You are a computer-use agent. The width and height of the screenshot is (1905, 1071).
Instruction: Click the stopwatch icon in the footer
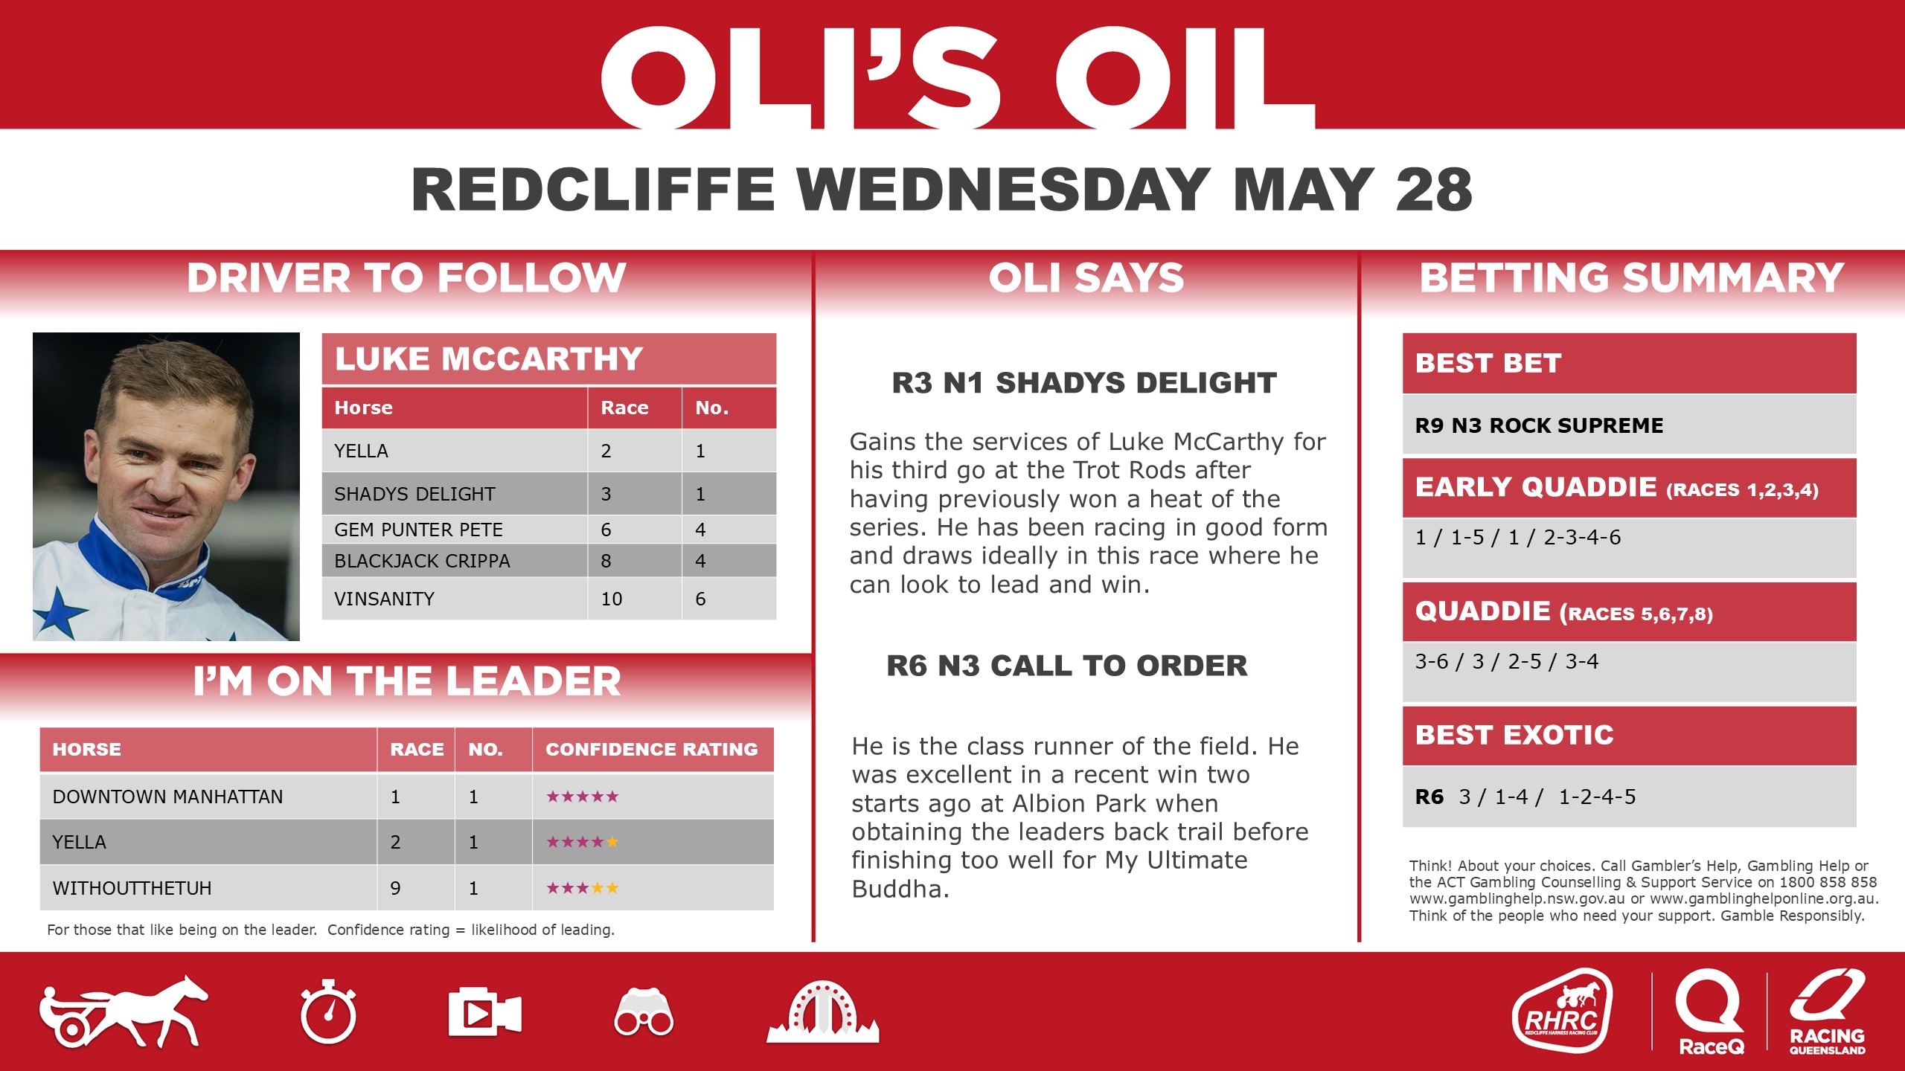(328, 1012)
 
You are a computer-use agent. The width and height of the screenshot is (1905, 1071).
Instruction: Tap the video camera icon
(484, 1012)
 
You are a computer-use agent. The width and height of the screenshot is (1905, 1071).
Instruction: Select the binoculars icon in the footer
(644, 1013)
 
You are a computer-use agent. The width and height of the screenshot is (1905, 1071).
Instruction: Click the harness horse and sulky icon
(124, 1012)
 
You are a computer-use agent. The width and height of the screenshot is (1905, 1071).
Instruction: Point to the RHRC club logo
(1562, 1011)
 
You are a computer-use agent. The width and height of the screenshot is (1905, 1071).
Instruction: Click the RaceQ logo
(1710, 1011)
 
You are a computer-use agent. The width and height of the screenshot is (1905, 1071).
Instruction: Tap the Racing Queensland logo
(1828, 1011)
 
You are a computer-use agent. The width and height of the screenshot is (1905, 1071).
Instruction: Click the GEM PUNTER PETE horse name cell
(418, 530)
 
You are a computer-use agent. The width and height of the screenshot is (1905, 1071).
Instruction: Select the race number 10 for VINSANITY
(612, 599)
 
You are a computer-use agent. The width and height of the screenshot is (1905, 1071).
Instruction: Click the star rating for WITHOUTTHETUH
(582, 888)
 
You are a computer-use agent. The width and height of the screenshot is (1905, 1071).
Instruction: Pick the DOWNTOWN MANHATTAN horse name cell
(167, 797)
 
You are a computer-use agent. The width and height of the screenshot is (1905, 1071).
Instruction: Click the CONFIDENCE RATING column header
(651, 749)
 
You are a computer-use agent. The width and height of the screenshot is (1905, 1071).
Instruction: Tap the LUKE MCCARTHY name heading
(489, 359)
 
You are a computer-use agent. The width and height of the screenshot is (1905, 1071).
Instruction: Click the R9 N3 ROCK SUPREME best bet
(1539, 425)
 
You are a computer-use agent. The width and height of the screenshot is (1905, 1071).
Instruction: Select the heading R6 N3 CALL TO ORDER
(1066, 666)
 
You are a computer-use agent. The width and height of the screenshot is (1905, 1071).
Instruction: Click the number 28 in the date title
(1434, 190)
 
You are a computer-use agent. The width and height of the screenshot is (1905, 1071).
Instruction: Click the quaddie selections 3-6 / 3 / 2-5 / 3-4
(1506, 661)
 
